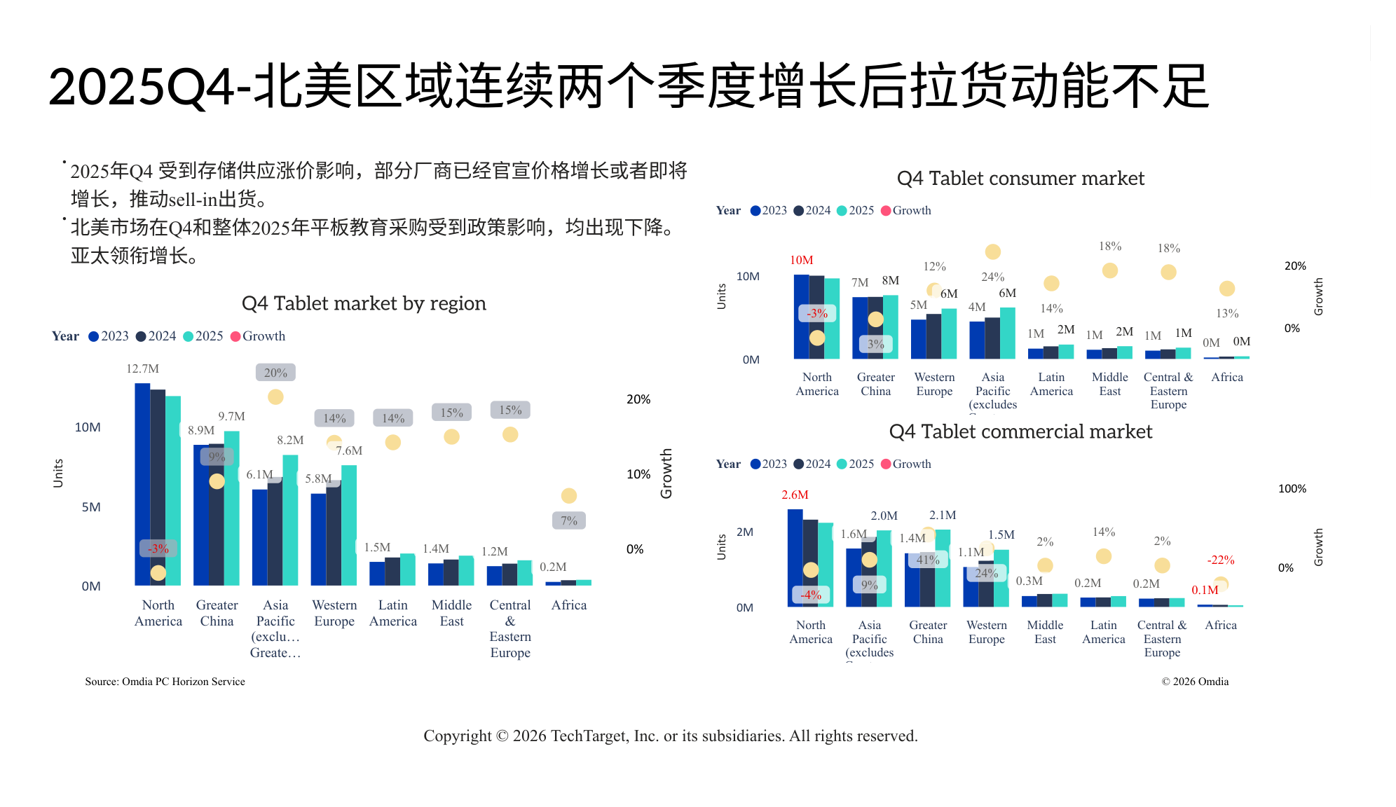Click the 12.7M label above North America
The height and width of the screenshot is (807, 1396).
click(142, 369)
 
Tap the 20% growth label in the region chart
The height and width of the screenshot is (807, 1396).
click(275, 373)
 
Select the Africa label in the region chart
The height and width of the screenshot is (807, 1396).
click(568, 605)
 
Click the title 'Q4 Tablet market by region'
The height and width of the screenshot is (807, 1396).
click(364, 303)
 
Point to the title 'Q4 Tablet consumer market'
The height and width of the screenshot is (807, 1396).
click(1020, 179)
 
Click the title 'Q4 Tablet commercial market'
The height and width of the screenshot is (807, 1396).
click(1020, 432)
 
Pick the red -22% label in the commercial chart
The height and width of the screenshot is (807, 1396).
click(1220, 560)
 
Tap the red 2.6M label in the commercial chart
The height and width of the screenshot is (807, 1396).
click(795, 495)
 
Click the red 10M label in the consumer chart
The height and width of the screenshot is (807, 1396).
click(801, 261)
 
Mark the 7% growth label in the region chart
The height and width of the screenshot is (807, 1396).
click(568, 521)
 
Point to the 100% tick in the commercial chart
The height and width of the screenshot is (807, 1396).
click(1292, 489)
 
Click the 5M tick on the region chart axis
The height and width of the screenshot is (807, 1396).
click(91, 507)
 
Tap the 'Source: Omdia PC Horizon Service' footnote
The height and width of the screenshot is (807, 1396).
click(165, 682)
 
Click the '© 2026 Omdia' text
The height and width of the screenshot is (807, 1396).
click(1195, 682)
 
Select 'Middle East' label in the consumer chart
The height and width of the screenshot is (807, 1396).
click(1109, 384)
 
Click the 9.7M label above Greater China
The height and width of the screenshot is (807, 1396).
click(231, 417)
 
